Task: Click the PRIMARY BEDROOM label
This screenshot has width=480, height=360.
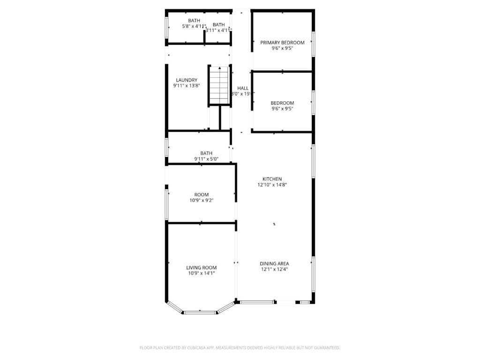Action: (282, 42)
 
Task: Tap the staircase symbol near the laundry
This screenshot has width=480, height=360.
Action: (219, 86)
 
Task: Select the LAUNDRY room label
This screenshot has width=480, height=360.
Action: (186, 80)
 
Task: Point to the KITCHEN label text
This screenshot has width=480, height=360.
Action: (272, 179)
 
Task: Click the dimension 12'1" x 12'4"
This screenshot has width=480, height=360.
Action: (275, 269)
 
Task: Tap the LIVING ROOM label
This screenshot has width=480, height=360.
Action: (201, 267)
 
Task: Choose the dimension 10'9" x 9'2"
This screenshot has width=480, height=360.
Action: (201, 200)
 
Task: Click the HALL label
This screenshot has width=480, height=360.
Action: (243, 88)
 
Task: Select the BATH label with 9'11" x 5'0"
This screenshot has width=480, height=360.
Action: (206, 153)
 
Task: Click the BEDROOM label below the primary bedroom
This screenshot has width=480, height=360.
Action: (282, 103)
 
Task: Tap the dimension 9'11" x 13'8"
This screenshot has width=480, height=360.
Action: (186, 86)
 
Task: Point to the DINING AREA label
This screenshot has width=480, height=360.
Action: (275, 263)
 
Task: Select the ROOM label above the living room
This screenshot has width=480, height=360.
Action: (202, 194)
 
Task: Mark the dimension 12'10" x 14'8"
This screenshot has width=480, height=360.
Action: (272, 185)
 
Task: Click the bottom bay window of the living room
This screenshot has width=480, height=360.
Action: (200, 312)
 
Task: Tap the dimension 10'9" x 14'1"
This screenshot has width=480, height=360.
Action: (201, 273)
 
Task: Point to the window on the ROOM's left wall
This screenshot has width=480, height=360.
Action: (166, 204)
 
